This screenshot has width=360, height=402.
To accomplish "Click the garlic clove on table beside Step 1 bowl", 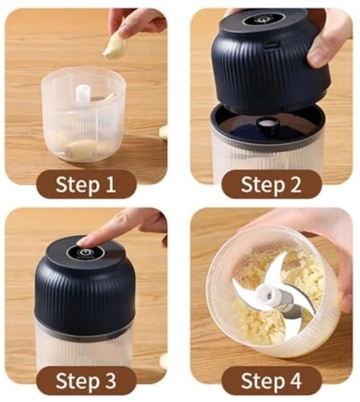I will point(163,132).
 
